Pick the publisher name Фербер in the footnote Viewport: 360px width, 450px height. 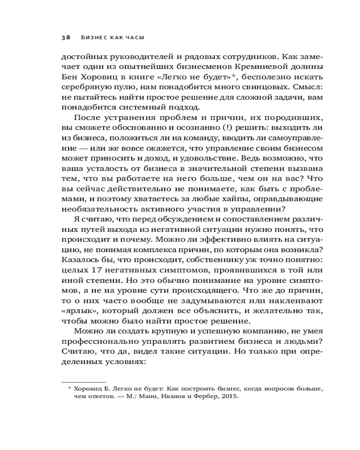pyautogui.click(x=211, y=397)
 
